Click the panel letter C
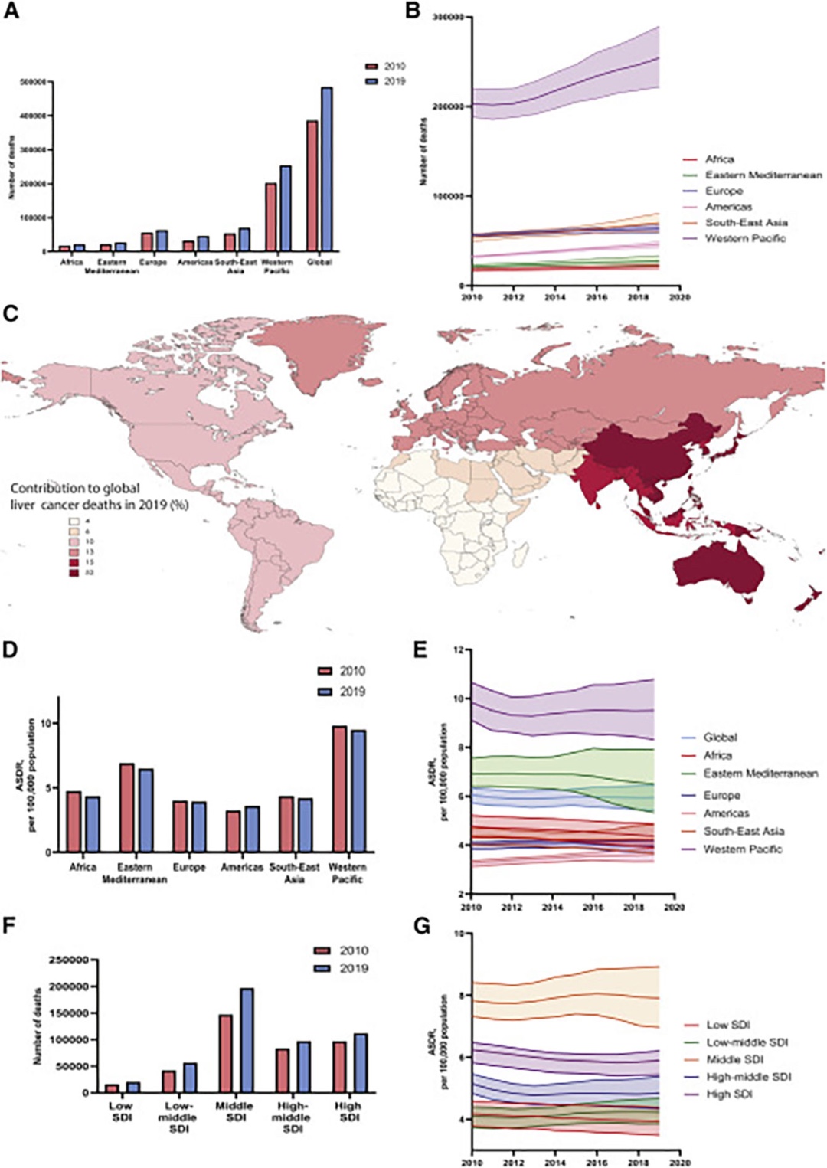click(10, 313)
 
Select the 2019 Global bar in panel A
click(327, 169)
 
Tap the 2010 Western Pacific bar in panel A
click(270, 217)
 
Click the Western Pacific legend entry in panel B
click(744, 238)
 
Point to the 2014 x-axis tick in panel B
click(555, 297)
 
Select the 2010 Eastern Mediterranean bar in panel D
click(126, 807)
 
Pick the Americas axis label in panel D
click(242, 867)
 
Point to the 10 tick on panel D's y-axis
click(46, 723)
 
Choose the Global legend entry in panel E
click(720, 738)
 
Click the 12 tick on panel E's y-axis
click(458, 649)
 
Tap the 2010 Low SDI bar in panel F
click(112, 1088)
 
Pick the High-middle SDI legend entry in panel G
click(748, 1077)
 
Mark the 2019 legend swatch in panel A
click(373, 81)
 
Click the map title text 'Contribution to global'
click(75, 488)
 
